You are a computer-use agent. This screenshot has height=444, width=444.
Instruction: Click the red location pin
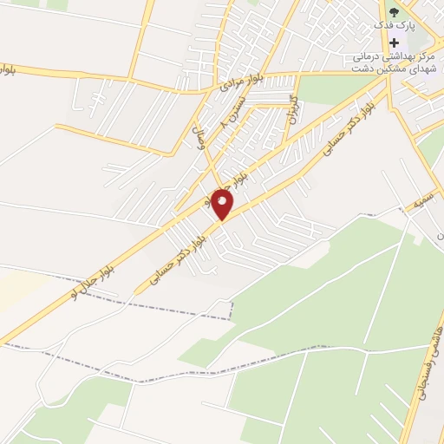click(x=223, y=205)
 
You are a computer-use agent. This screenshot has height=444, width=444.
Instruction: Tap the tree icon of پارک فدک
click(x=395, y=11)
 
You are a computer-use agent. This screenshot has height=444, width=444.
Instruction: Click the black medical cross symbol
click(x=395, y=42)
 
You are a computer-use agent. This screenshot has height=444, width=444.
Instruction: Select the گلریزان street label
click(x=291, y=110)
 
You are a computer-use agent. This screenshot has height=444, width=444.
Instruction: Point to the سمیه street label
click(x=422, y=202)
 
